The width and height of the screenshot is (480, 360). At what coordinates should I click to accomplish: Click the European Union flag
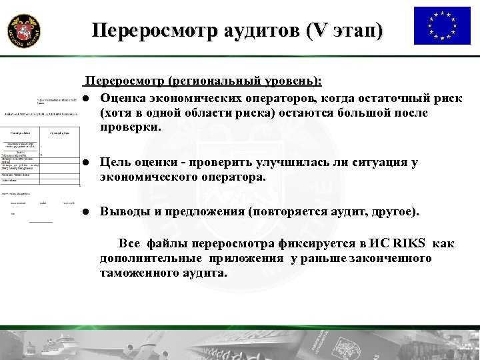442,25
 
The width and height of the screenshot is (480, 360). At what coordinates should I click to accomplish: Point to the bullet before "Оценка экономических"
86,99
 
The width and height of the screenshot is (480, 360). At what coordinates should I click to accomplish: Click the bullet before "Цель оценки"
86,163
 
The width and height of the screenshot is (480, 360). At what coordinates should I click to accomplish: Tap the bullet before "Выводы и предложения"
86,212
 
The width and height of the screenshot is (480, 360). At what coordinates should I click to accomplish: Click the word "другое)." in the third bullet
393,212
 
